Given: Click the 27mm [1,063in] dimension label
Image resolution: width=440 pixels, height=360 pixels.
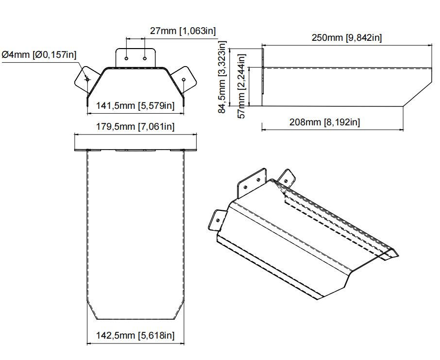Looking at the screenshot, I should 183,31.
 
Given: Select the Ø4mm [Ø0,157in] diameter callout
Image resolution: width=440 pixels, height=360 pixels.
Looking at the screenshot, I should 39,54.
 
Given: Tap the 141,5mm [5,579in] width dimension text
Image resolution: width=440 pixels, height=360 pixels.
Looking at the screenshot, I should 135,105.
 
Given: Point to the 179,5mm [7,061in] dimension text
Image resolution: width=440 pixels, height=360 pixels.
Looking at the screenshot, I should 135,127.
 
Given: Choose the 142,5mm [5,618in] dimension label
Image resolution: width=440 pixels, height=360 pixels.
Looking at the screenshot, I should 135,335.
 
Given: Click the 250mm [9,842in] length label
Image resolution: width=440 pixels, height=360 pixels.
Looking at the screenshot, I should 347,38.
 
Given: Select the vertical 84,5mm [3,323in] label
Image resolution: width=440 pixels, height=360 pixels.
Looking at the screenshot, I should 222,77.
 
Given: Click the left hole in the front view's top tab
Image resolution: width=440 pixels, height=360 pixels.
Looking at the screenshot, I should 127,58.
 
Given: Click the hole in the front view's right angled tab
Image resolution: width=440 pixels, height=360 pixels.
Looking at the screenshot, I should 184,78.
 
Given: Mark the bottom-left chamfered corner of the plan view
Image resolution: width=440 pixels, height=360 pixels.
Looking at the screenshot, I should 92,310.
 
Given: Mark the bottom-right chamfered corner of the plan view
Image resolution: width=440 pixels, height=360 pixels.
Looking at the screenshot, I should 179,310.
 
